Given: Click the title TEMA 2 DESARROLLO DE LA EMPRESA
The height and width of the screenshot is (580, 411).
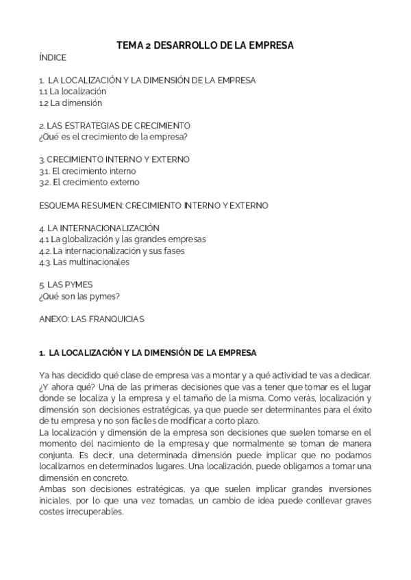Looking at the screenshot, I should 205,45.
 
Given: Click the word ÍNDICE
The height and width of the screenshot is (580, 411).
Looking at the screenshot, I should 53,58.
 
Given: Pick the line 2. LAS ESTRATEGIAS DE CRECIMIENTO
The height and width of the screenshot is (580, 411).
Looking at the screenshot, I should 114,125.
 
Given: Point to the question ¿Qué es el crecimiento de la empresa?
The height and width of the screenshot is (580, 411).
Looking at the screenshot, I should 113,136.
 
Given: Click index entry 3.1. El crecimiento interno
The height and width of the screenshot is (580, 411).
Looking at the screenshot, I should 88,170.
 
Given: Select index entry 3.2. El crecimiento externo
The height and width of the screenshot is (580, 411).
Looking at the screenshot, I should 89,182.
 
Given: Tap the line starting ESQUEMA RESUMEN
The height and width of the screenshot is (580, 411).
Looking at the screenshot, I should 153,205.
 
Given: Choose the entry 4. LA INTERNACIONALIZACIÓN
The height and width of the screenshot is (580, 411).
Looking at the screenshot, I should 99,227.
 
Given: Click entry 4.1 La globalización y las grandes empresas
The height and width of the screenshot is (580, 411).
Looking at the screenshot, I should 123,239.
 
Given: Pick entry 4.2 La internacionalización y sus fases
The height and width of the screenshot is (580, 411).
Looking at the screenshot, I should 112,250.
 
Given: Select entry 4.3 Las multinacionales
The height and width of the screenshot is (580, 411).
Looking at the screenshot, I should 84,261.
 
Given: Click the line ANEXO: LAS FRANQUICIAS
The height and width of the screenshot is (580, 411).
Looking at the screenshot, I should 92,318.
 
